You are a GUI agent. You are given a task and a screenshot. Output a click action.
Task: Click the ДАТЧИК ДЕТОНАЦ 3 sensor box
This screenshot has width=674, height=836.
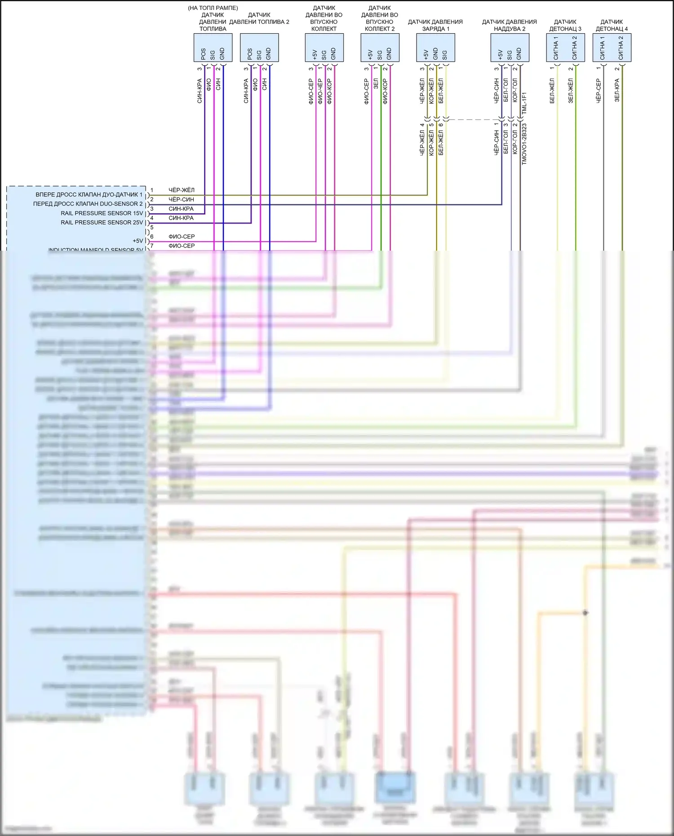click(565, 48)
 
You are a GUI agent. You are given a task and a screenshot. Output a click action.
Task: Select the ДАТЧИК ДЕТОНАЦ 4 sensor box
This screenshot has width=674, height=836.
click(612, 48)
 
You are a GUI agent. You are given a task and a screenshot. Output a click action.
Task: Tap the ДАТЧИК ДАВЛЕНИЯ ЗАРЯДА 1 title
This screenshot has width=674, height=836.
click(435, 25)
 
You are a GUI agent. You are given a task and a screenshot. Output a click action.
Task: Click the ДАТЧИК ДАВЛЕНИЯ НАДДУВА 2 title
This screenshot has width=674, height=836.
click(509, 25)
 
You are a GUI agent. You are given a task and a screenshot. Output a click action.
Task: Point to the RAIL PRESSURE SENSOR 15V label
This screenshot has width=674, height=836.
click(102, 213)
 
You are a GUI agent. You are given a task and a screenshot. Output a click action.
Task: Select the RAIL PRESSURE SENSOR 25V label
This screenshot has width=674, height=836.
click(102, 222)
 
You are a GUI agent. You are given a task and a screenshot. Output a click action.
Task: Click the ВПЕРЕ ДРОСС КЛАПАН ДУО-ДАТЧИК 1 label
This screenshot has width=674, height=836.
click(89, 195)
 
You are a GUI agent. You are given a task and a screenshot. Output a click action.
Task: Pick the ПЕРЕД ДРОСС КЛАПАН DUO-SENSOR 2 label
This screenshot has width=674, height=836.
click(88, 204)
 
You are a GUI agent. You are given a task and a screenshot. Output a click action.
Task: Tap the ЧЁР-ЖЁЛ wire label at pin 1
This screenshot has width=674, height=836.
click(182, 190)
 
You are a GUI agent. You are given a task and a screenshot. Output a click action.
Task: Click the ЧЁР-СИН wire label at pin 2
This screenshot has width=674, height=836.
click(182, 199)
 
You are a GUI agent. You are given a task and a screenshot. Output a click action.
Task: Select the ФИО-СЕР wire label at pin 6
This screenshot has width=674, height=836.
click(182, 237)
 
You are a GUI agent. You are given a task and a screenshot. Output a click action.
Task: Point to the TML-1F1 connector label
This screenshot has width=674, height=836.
click(524, 103)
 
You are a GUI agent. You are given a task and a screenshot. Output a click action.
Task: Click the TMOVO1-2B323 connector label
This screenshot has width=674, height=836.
click(524, 144)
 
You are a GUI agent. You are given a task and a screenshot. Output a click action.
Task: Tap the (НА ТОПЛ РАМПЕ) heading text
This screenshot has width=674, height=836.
click(213, 8)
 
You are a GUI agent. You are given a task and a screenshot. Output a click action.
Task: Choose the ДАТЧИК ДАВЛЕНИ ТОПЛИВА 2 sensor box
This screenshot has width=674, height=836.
click(259, 48)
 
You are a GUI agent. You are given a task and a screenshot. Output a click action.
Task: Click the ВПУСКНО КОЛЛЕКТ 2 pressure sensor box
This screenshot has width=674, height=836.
click(380, 48)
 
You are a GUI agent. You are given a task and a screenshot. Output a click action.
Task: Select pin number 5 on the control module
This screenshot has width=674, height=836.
click(152, 227)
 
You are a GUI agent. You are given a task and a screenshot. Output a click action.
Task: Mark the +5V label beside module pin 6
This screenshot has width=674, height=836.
click(137, 241)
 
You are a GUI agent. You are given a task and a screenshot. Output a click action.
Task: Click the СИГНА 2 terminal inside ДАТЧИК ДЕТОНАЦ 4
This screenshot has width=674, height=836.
click(621, 48)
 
